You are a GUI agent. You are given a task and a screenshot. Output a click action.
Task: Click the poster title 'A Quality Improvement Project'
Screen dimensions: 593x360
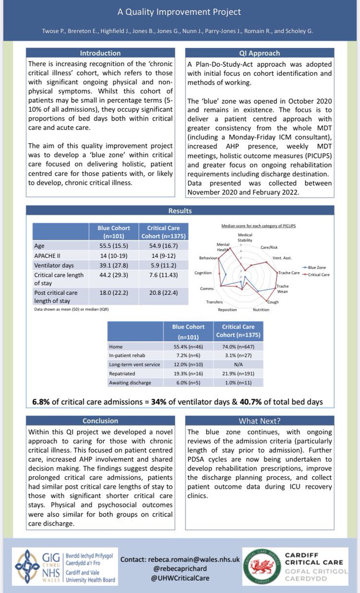(180, 12)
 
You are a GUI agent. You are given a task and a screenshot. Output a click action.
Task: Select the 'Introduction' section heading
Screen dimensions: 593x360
(100, 53)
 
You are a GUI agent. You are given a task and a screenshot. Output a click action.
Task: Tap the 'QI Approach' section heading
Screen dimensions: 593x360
(259, 53)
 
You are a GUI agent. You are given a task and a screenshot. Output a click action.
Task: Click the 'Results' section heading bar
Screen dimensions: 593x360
(180, 211)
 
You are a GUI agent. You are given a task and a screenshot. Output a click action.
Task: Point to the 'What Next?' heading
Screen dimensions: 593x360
(259, 421)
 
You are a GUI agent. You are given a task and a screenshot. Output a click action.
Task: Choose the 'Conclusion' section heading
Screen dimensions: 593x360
(100, 421)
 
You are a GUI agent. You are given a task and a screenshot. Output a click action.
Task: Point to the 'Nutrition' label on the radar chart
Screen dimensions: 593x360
(261, 309)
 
